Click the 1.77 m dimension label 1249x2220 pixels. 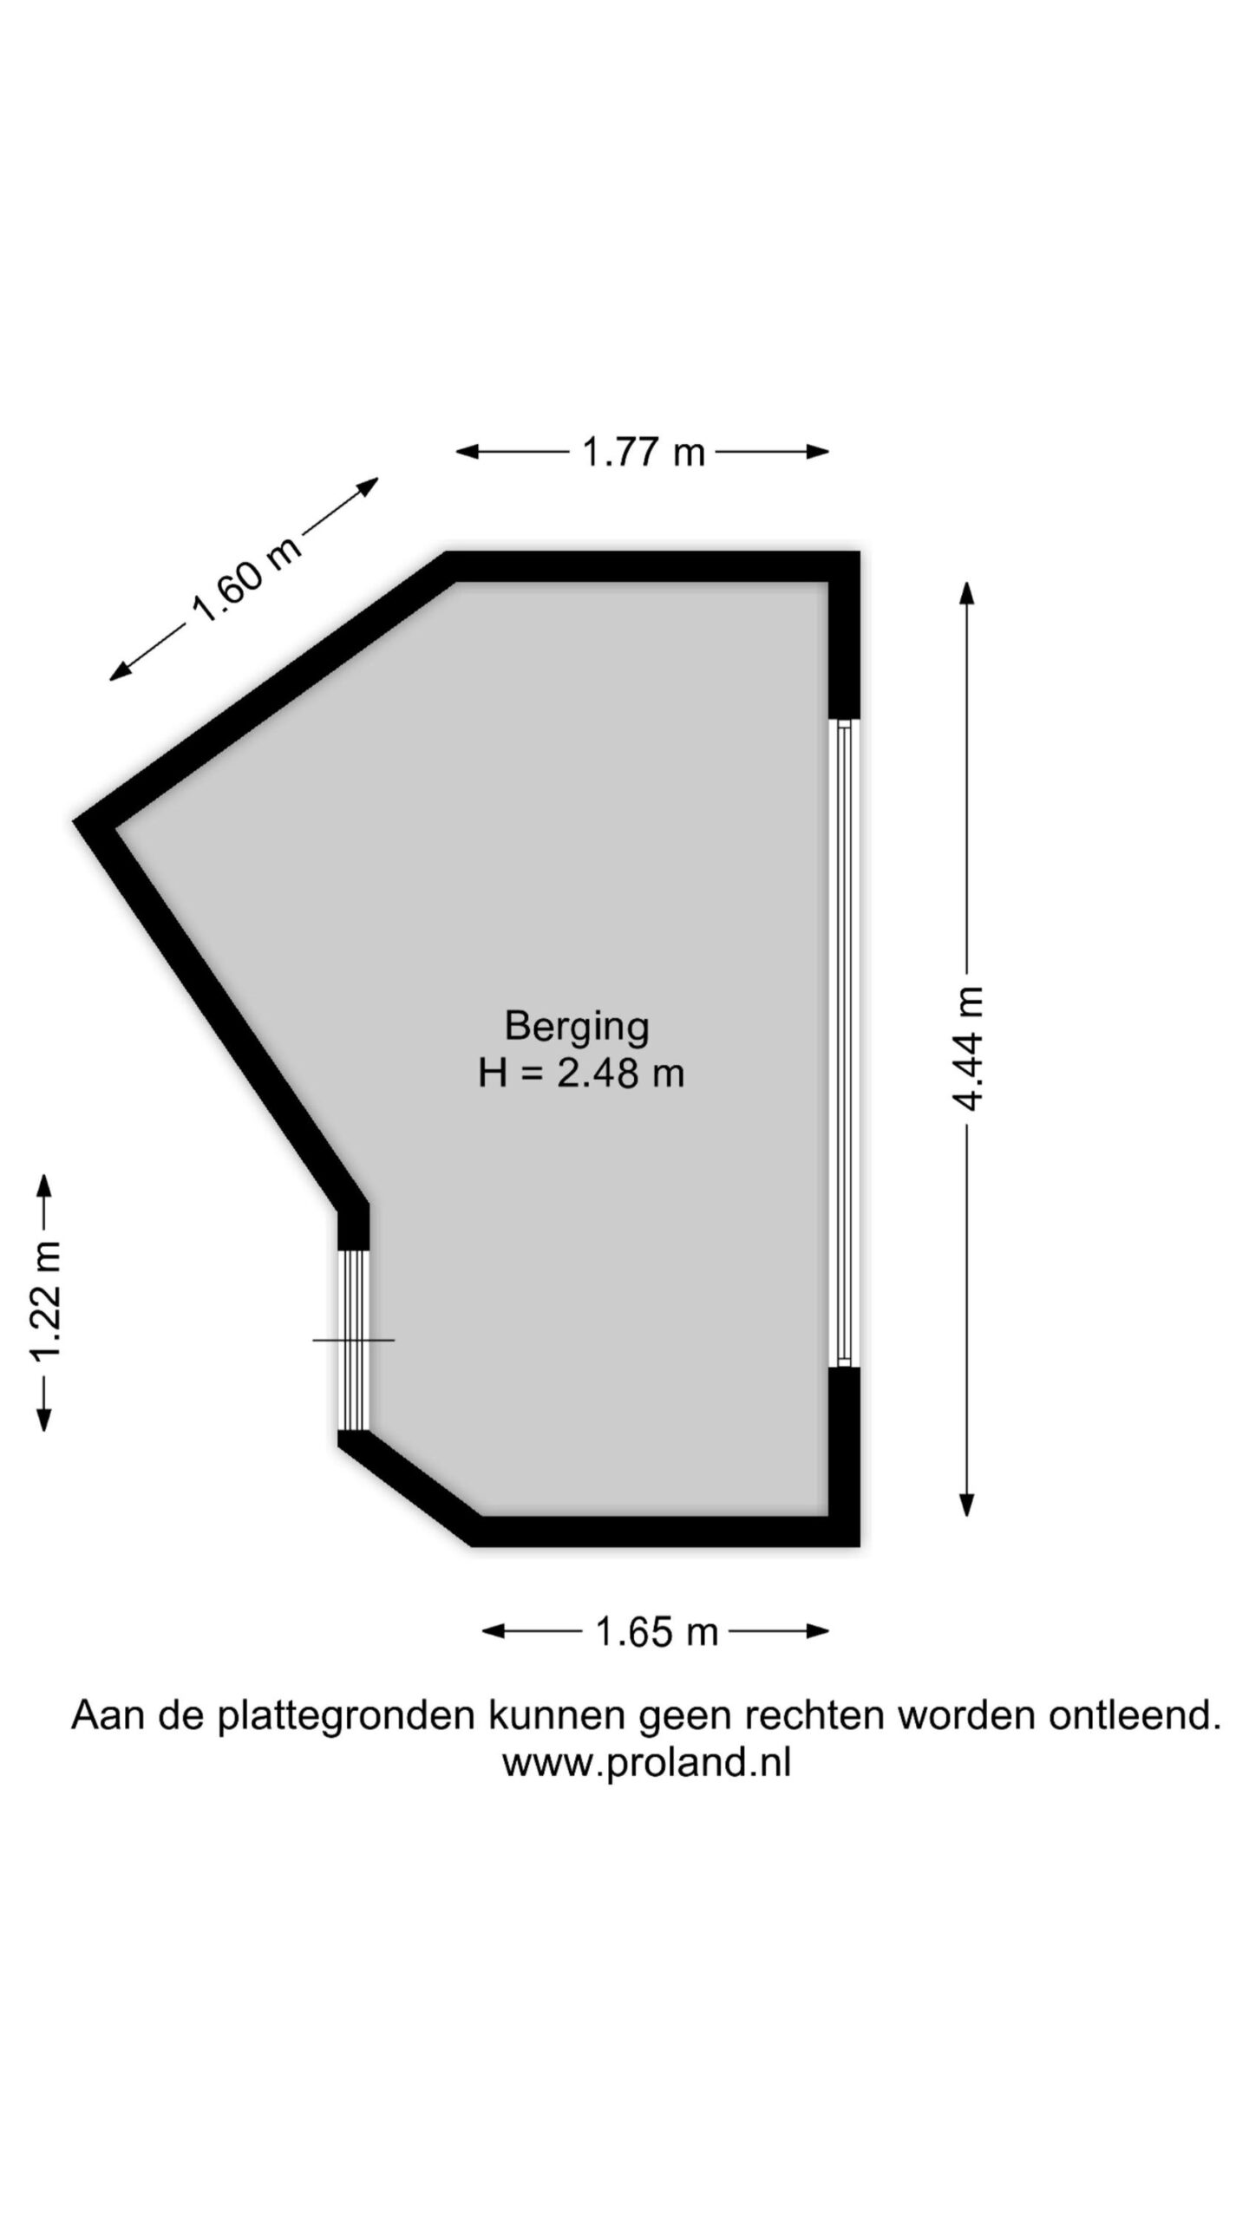643,453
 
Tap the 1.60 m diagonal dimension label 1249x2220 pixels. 245,579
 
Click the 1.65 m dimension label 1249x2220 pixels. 657,1632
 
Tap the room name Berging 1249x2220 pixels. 577,1027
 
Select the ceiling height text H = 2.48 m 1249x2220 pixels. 581,1074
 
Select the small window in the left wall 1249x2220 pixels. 353,1340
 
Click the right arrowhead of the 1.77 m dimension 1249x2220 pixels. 819,451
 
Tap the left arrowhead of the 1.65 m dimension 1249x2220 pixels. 493,1631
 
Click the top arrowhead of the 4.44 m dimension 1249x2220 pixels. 967,592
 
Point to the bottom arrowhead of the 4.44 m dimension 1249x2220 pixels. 967,1505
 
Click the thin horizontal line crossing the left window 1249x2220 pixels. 353,1340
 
